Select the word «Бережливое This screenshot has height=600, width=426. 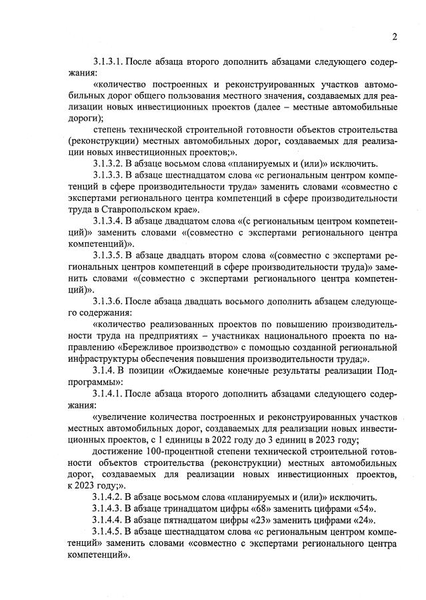coord(151,348)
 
